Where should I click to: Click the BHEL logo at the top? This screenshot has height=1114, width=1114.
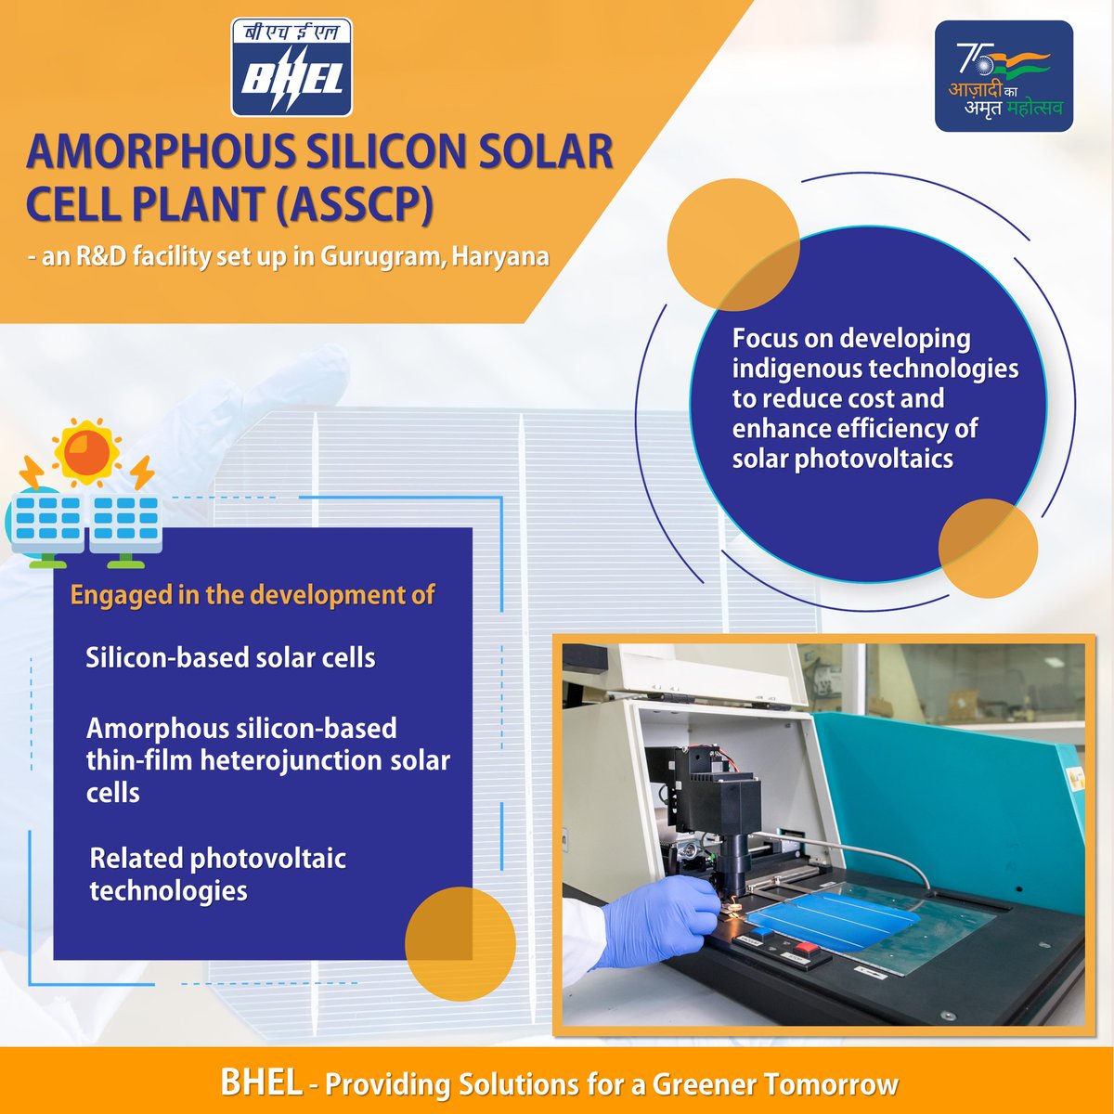click(291, 67)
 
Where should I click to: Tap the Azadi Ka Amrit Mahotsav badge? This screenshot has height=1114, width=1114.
click(1004, 76)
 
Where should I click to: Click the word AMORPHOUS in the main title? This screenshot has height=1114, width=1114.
click(160, 152)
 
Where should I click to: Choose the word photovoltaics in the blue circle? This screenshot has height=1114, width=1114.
click(874, 460)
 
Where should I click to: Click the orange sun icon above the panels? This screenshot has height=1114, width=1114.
click(86, 453)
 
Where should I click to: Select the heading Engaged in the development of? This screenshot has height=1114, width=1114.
click(253, 595)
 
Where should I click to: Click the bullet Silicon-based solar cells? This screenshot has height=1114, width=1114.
click(230, 658)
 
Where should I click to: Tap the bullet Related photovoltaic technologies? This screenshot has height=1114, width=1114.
click(218, 874)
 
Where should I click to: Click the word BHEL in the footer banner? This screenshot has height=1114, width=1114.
click(261, 1082)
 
